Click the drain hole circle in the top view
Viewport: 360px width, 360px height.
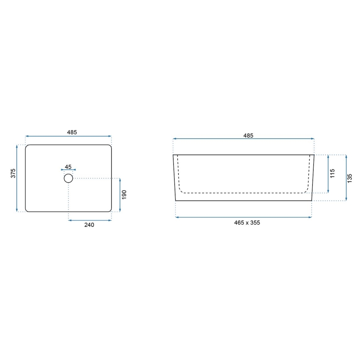tap(68, 178)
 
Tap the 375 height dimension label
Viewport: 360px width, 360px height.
tap(13, 173)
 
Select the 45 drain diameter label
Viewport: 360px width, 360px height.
tap(68, 167)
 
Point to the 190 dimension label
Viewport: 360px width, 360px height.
tap(124, 195)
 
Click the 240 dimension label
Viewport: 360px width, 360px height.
tap(89, 225)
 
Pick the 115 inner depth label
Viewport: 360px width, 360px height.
tap(333, 173)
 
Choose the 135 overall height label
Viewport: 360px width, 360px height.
tap(350, 178)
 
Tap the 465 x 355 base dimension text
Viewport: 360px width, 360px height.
tap(247, 223)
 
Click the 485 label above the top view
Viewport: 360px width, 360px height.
tap(72, 132)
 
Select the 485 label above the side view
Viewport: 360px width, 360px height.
tap(248, 135)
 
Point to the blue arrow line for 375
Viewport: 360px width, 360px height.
tap(17, 178)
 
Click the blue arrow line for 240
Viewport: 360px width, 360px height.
tap(90, 220)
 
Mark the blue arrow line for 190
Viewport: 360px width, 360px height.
tap(120, 195)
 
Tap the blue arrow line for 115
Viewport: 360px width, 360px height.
tap(328, 174)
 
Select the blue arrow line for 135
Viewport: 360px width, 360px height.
tap(346, 178)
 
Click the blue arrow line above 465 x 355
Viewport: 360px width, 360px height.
tap(243, 217)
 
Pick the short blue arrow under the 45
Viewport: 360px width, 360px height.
tap(68, 170)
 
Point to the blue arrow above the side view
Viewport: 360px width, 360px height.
tap(243, 139)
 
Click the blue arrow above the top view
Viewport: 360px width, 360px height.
tap(68, 136)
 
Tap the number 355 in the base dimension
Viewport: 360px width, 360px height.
tap(255, 223)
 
